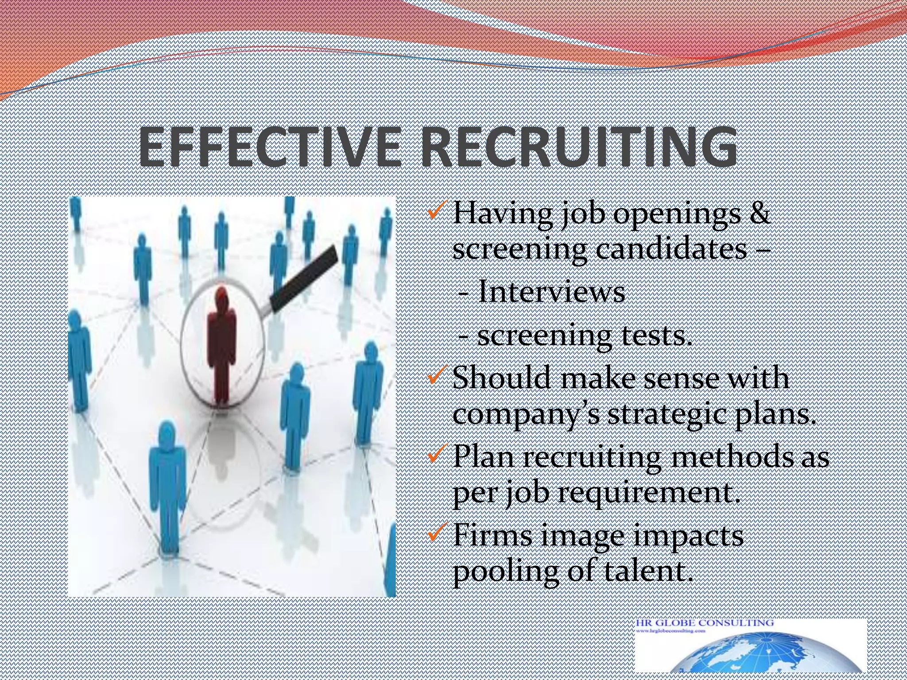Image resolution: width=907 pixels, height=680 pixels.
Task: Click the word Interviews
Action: click(x=551, y=292)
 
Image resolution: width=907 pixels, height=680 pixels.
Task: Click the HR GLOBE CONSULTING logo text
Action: click(x=705, y=622)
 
